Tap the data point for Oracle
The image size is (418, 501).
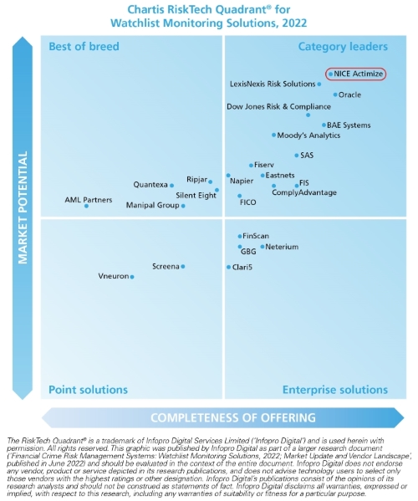click(335, 95)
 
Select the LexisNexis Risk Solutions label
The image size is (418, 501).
click(273, 84)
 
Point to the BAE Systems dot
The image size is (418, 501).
click(324, 125)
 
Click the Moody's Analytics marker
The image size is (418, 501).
click(273, 135)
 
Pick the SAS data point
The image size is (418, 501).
click(296, 156)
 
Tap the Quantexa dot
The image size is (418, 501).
click(171, 185)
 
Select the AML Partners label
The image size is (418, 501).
click(89, 199)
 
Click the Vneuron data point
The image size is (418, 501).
click(131, 276)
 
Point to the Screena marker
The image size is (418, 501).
click(183, 267)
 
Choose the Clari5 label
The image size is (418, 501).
click(242, 267)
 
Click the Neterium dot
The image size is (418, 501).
click(262, 247)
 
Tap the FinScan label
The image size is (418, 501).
click(255, 237)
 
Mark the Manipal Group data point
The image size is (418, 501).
click(183, 205)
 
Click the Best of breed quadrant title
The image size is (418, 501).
click(84, 47)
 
